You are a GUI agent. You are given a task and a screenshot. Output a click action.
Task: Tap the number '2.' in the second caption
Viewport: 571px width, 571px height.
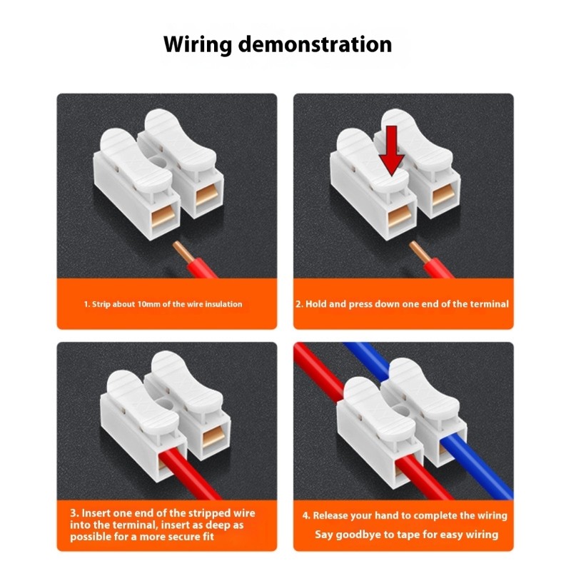(300, 304)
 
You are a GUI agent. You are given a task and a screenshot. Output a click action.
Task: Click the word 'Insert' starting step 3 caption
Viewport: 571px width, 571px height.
(97, 513)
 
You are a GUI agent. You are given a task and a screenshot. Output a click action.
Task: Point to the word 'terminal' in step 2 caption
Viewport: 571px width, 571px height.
(489, 304)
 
